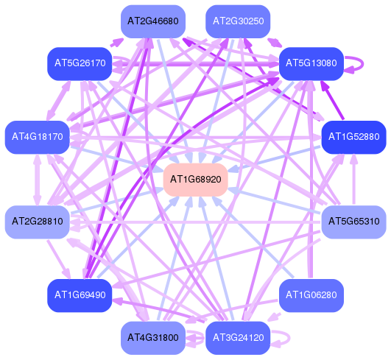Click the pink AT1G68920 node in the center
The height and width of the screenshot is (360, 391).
point(196,180)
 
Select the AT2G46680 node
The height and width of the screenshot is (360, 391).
point(153,21)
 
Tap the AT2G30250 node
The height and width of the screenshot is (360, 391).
point(238,21)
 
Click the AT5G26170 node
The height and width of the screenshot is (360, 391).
point(80,63)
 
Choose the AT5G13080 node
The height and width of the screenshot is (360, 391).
point(311,63)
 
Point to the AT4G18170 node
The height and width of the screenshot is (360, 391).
point(38,137)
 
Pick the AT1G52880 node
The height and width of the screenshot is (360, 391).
point(354,137)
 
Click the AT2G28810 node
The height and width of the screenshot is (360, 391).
point(38,222)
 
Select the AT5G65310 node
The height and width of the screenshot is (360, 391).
point(354,222)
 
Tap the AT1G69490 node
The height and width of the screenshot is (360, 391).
point(80,295)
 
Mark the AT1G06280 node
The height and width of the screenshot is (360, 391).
point(311,295)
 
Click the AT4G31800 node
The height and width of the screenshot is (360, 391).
point(153,338)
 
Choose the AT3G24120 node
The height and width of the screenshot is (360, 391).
point(238,338)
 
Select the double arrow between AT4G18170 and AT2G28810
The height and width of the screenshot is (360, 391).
point(38,180)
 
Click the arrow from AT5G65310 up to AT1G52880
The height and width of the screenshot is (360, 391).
point(354,180)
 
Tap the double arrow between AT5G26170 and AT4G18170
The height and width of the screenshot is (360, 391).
point(59,100)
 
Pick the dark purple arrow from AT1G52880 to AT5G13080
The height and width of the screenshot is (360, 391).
point(332,100)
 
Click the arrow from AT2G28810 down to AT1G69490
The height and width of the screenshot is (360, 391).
point(59,259)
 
